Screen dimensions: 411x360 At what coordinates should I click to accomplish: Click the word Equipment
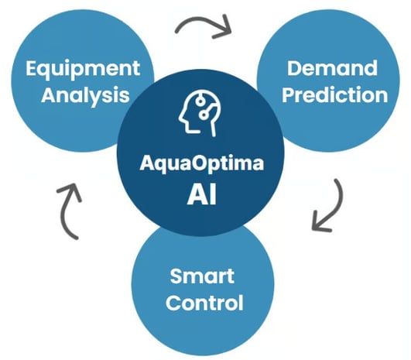(x=83, y=69)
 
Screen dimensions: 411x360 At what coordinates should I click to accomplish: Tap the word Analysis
(x=85, y=95)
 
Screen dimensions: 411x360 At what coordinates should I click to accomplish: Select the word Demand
(x=332, y=68)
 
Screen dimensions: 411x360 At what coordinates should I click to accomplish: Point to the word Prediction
(x=334, y=94)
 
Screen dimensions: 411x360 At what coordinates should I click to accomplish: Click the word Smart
(x=202, y=276)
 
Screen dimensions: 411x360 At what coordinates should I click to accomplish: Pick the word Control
(x=204, y=303)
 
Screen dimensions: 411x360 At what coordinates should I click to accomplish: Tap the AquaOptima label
(x=202, y=164)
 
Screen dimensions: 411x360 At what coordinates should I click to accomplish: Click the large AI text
(x=202, y=194)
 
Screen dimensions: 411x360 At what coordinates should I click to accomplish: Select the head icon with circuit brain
(x=200, y=114)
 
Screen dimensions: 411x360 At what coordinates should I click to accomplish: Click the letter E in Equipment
(x=31, y=68)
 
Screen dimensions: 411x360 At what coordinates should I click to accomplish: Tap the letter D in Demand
(x=294, y=68)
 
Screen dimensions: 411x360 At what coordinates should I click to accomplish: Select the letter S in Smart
(x=176, y=276)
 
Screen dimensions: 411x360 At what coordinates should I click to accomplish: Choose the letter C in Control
(x=173, y=303)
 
